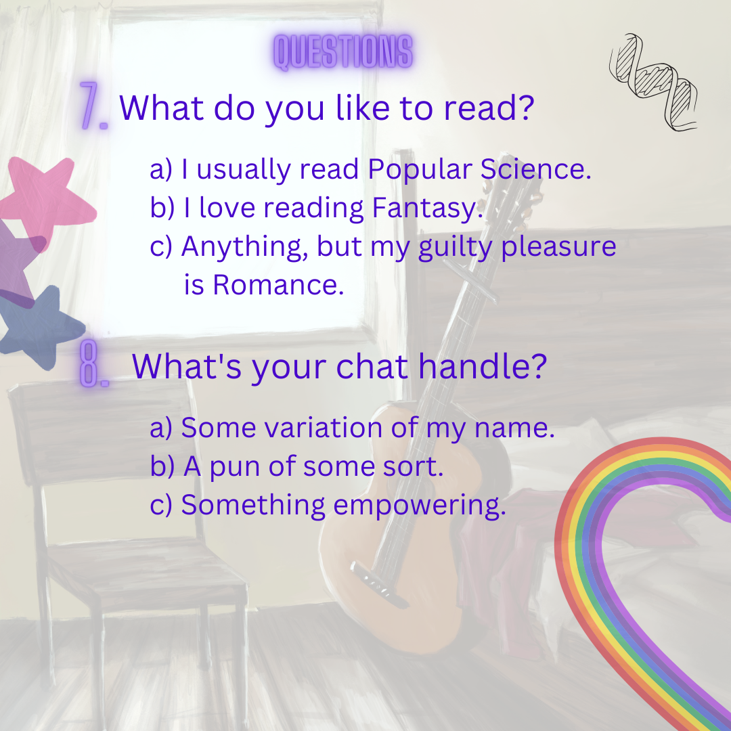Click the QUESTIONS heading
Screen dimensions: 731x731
coord(342,51)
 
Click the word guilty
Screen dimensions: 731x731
coord(455,247)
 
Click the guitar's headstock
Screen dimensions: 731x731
coord(513,187)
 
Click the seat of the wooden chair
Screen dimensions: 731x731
coord(145,564)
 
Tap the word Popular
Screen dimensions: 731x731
coord(420,170)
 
